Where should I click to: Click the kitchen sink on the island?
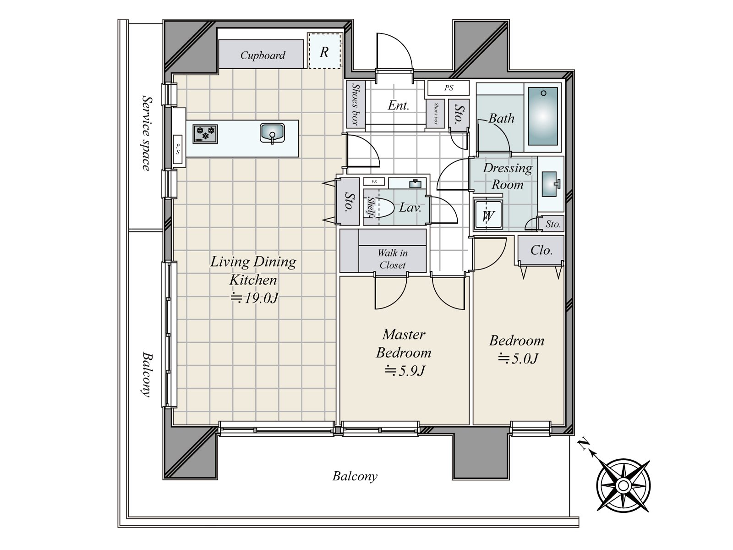tap(272, 133)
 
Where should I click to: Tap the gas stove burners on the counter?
tap(205, 134)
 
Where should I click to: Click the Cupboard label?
tap(263, 55)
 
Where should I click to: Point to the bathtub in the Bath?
tap(543, 116)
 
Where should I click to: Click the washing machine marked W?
tap(488, 215)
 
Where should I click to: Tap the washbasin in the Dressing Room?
tap(550, 184)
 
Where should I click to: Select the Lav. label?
tap(410, 208)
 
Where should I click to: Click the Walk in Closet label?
tap(392, 259)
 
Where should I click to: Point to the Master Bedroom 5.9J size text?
tap(404, 371)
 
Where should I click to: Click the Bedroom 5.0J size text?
tap(518, 359)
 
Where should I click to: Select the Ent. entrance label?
tap(398, 105)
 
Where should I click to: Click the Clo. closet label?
tap(542, 250)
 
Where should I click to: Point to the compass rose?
tap(623, 485)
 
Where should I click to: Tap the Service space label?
tap(147, 133)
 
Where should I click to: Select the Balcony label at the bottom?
tap(355, 476)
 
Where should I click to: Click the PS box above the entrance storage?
tap(449, 88)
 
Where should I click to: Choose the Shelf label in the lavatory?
tap(371, 207)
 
